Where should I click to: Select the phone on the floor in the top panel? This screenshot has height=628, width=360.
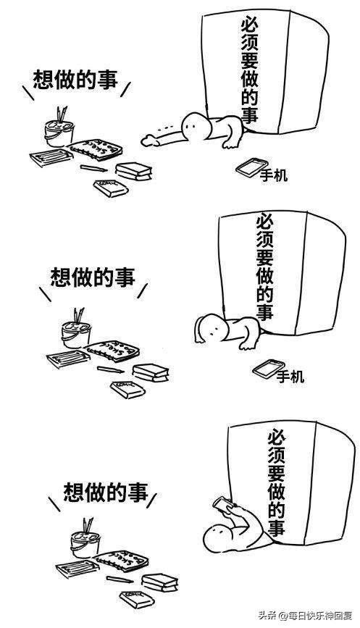tap(248, 167)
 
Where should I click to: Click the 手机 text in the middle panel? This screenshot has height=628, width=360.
tap(290, 376)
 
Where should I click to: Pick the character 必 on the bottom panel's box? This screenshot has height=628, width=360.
tap(277, 437)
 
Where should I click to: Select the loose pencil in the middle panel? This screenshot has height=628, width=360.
tap(109, 369)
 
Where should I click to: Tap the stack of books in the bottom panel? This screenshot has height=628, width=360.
tap(160, 581)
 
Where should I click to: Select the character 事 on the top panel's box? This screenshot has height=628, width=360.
tap(249, 114)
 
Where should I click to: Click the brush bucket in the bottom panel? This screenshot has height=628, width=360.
tap(85, 541)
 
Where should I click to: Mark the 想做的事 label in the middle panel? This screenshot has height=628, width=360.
tap(93, 277)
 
